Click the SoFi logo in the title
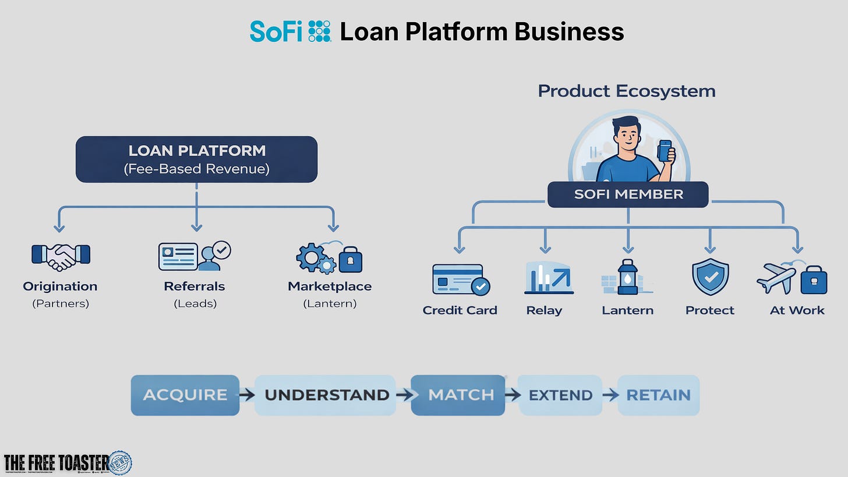tap(290, 31)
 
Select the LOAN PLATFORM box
tap(196, 159)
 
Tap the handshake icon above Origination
tap(61, 256)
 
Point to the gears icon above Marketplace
tap(315, 258)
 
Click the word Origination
tap(60, 287)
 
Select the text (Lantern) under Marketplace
tap(330, 303)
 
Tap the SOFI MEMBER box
tap(628, 195)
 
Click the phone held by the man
tap(665, 150)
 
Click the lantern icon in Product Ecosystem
tap(627, 277)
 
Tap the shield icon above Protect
tap(710, 277)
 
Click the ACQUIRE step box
tap(185, 395)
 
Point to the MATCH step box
tap(458, 395)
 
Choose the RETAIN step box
tap(658, 395)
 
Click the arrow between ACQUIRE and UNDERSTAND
tap(247, 395)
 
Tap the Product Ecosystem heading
tap(627, 91)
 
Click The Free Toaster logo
tap(67, 463)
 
